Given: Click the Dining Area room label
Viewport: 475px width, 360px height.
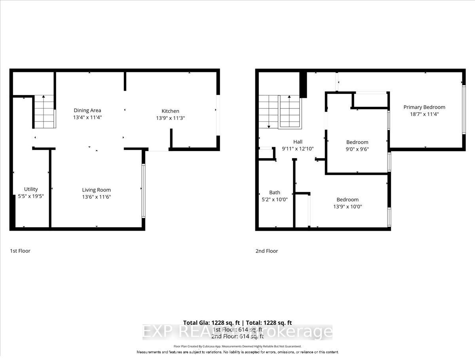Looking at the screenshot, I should tap(87, 110).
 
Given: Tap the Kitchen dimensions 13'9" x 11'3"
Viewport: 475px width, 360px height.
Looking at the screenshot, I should tap(170, 118).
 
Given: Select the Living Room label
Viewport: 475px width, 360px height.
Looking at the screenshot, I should tap(96, 190).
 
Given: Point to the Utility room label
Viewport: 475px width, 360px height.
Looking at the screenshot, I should tap(31, 189).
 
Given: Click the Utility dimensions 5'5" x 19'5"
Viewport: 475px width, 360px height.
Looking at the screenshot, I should tap(31, 196).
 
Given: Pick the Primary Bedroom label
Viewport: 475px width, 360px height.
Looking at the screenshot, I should tap(424, 107).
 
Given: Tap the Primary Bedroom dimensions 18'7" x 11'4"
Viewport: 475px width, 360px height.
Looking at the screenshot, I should tap(424, 114).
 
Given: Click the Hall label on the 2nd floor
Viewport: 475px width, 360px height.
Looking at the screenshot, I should tap(298, 142).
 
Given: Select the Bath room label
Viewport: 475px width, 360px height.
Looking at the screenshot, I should tap(274, 193).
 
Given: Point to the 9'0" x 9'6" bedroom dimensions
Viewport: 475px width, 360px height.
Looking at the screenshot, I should tap(357, 149).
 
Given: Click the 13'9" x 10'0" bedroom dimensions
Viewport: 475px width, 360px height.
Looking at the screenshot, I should tap(348, 207).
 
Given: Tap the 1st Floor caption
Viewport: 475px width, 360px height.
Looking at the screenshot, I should tap(20, 251).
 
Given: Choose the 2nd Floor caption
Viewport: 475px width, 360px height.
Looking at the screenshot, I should tap(267, 251).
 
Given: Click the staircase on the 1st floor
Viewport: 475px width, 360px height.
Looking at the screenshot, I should tap(44, 112).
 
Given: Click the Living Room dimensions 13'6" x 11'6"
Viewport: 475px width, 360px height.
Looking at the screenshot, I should tap(96, 197).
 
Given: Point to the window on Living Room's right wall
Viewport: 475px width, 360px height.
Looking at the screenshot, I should tap(143, 191).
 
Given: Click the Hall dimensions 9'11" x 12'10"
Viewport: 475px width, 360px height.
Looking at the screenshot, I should tap(298, 149).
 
